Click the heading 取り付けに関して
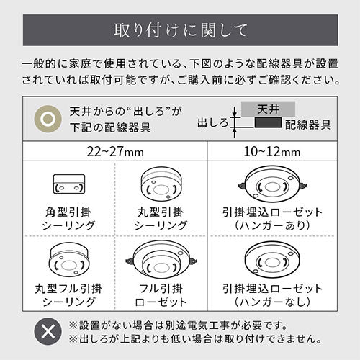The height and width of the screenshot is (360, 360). [x=180, y=30]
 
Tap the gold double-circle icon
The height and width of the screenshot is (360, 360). [x=48, y=119]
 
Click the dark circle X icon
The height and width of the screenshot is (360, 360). [x=48, y=331]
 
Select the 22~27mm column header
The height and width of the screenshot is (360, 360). [x=115, y=152]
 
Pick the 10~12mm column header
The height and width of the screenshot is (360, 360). [x=272, y=152]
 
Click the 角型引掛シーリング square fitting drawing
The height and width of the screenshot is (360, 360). [x=69, y=184]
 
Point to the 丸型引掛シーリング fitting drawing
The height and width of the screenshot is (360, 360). [x=161, y=183]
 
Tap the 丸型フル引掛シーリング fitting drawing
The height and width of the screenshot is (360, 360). [x=69, y=259]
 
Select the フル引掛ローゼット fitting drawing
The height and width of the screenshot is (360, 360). [x=161, y=261]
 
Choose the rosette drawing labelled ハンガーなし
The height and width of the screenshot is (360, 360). [x=272, y=260]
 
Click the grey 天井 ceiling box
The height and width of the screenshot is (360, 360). [x=268, y=109]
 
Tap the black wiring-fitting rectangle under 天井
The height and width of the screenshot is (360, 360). [x=268, y=122]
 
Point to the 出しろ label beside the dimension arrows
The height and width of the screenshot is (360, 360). [x=212, y=123]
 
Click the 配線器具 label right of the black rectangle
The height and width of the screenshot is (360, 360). [x=308, y=125]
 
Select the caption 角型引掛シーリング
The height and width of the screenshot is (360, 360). [x=69, y=219]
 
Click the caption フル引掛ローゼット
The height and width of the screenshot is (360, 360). [x=161, y=295]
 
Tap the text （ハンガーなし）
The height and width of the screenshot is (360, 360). [x=272, y=302]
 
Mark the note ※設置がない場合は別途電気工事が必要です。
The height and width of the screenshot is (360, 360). [x=178, y=325]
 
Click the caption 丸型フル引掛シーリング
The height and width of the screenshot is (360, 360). [x=69, y=295]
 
